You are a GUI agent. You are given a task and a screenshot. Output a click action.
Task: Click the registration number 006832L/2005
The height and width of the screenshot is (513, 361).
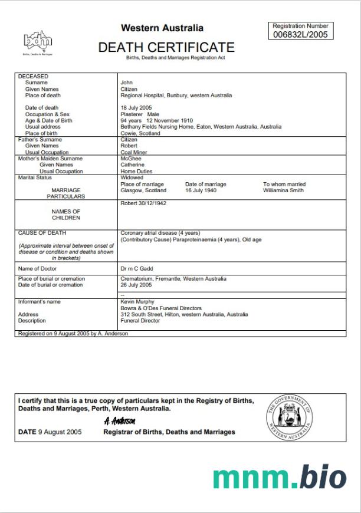tap(300, 34)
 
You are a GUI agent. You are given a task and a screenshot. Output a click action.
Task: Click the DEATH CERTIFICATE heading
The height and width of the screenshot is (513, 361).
tap(166, 47)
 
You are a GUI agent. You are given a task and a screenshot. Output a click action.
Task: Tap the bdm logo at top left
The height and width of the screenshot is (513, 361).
tap(38, 41)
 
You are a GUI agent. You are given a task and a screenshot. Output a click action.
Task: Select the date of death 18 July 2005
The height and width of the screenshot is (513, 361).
tap(136, 108)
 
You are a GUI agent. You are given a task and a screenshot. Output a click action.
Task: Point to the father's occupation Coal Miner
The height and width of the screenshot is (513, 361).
tap(134, 152)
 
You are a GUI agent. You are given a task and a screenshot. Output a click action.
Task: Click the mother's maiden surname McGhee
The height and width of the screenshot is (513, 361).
tap(132, 159)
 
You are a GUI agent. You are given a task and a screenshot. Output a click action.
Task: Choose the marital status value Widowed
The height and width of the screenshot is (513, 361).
tap(132, 177)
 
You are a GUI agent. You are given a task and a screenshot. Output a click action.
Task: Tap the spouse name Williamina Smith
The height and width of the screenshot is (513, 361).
tap(284, 190)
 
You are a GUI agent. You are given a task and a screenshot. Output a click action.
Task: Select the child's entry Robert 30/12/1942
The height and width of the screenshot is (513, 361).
tap(144, 203)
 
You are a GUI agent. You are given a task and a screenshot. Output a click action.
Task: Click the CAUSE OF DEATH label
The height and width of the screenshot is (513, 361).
tap(42, 233)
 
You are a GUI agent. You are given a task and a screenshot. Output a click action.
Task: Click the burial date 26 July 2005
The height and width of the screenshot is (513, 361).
tap(136, 285)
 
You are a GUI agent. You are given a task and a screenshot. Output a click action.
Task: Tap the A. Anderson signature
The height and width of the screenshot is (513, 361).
tap(120, 421)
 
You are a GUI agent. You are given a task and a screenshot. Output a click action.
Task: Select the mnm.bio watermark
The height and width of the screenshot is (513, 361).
tap(279, 477)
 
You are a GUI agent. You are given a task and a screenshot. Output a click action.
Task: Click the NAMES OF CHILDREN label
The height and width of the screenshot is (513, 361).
tap(65, 215)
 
